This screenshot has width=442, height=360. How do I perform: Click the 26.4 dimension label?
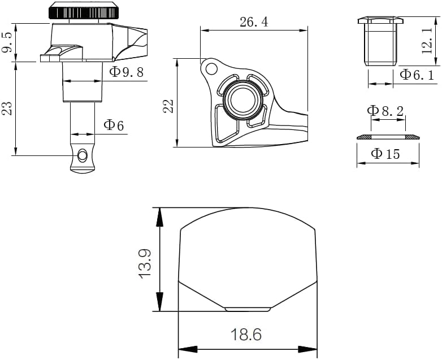(x=254, y=22)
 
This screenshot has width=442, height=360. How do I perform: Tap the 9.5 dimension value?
(x=7, y=42)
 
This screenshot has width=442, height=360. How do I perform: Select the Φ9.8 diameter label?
(x=127, y=72)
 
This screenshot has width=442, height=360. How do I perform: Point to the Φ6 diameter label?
(x=114, y=125)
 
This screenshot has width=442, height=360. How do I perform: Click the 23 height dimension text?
(x=7, y=109)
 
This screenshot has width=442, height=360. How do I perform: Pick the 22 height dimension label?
(x=168, y=106)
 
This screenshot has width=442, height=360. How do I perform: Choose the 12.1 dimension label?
(x=427, y=41)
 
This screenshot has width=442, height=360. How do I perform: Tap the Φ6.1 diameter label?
(x=417, y=75)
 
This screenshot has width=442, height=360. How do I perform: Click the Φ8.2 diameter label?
(x=385, y=111)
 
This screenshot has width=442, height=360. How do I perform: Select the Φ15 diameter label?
(x=385, y=154)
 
